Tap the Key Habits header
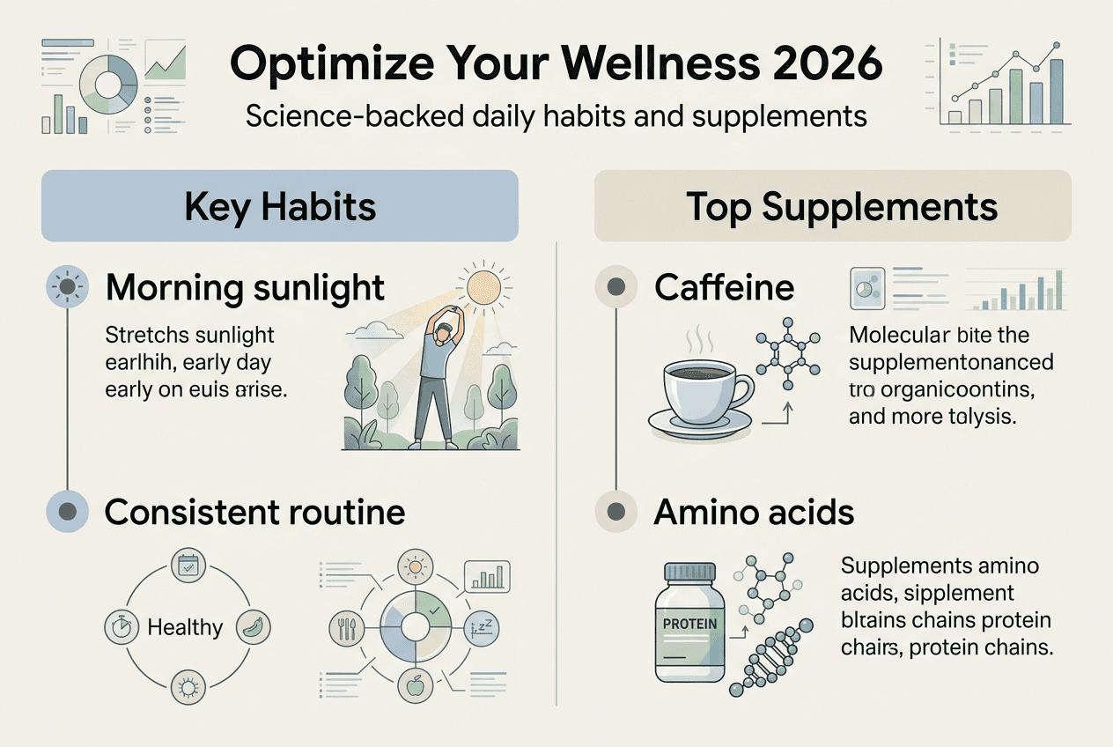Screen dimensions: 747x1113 [x=279, y=206]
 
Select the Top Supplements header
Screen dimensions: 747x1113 [x=832, y=206]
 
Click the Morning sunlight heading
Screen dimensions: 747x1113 [x=245, y=288]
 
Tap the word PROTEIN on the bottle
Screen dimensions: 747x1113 [x=689, y=624]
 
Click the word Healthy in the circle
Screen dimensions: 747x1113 [x=185, y=627]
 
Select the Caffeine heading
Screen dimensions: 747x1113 [x=724, y=287]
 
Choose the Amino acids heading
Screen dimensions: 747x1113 [x=754, y=512]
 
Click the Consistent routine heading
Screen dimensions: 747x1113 [x=254, y=512]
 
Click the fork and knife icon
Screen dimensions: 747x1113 [x=345, y=627]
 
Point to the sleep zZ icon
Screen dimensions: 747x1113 [x=480, y=627]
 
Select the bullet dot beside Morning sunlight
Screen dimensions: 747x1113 [x=67, y=288]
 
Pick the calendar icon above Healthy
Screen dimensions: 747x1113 [x=185, y=567]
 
